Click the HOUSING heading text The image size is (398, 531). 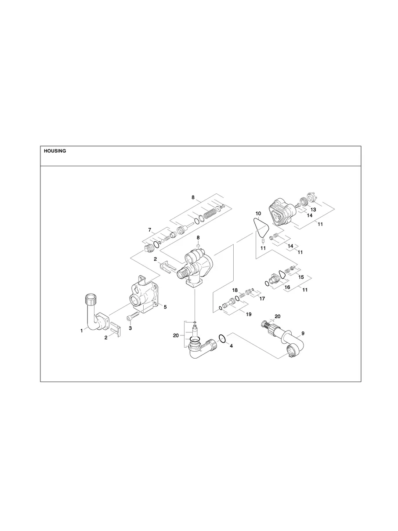[55, 151]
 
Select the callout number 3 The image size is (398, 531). [130, 328]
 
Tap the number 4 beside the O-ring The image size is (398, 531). [232, 346]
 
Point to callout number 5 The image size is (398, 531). [165, 307]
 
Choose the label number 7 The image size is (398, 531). [149, 230]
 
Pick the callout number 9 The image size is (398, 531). [303, 333]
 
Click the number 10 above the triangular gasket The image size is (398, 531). [258, 214]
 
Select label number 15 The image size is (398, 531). [301, 277]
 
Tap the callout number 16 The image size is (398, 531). [288, 287]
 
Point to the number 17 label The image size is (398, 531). [262, 298]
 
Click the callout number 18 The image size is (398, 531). [235, 291]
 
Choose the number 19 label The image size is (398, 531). [249, 314]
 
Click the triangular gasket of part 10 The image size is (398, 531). [262, 229]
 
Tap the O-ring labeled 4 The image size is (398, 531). [222, 338]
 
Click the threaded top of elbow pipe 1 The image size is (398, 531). [90, 301]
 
